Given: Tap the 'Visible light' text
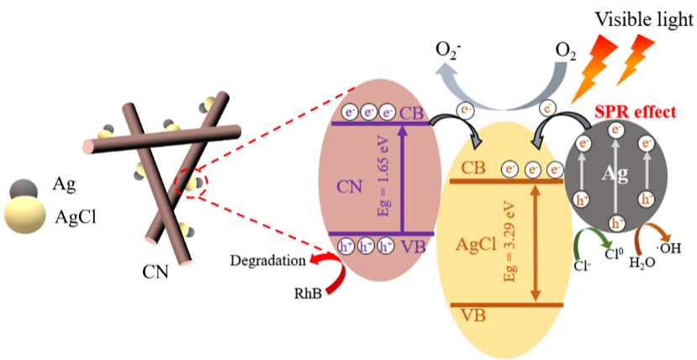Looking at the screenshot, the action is coord(644,19).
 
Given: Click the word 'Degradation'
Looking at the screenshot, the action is coord(267,261).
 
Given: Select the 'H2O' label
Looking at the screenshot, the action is coord(641,262).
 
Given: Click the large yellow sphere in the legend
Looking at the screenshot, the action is coord(25,214).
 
